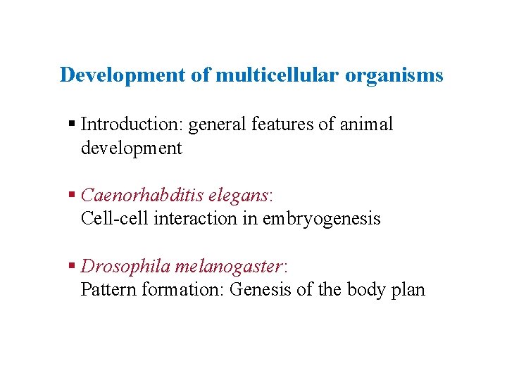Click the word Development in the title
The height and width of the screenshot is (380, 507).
coord(123,75)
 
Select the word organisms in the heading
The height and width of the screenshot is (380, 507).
coord(394,75)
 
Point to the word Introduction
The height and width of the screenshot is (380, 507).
coord(123,125)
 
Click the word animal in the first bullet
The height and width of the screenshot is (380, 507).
coord(365,125)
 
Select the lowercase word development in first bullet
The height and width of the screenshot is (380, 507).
coord(132,148)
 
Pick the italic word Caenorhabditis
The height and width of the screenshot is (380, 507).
coord(142,194)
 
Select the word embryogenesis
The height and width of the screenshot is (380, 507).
coord(321,219)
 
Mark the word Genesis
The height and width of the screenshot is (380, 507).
coord(258,289)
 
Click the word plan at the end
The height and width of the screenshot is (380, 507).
coord(407,290)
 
